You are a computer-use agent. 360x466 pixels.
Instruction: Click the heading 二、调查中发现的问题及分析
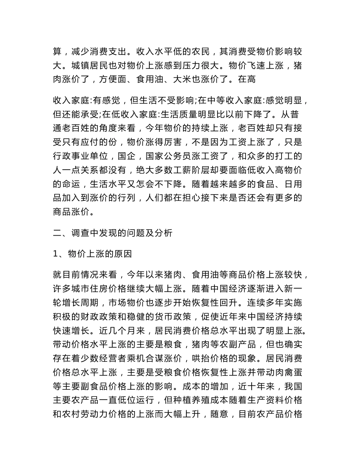click(x=113, y=233)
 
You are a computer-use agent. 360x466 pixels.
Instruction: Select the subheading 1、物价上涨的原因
click(x=92, y=254)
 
